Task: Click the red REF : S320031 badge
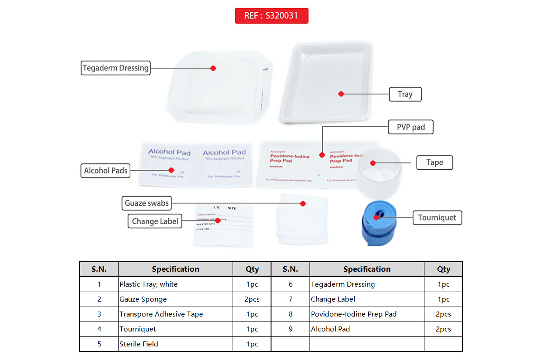point(271,16)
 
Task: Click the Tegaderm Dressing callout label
point(115,68)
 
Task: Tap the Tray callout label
point(405,94)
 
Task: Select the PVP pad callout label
point(411,127)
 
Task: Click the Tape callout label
point(434,163)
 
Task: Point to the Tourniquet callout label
point(437,218)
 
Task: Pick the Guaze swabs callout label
point(147,203)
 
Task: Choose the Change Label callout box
point(155,221)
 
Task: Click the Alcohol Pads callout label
point(106,171)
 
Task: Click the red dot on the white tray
point(341,94)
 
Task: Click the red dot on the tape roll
point(373,163)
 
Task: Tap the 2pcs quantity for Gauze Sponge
point(252,299)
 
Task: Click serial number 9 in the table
point(290,329)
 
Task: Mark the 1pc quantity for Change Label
point(443,299)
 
